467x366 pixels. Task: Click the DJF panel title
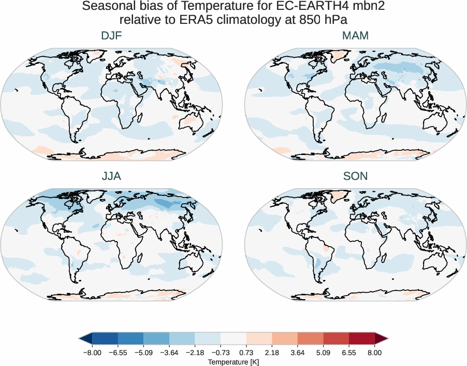pyautogui.click(x=111, y=36)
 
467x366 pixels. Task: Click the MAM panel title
pyautogui.click(x=355, y=36)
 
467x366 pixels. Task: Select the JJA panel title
pyautogui.click(x=111, y=176)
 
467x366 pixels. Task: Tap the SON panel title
pyautogui.click(x=355, y=176)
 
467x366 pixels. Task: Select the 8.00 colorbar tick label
pyautogui.click(x=375, y=352)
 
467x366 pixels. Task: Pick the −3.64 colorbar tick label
pyautogui.click(x=168, y=352)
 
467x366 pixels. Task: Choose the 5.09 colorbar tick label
pyautogui.click(x=323, y=352)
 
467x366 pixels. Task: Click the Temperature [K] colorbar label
pyautogui.click(x=233, y=361)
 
